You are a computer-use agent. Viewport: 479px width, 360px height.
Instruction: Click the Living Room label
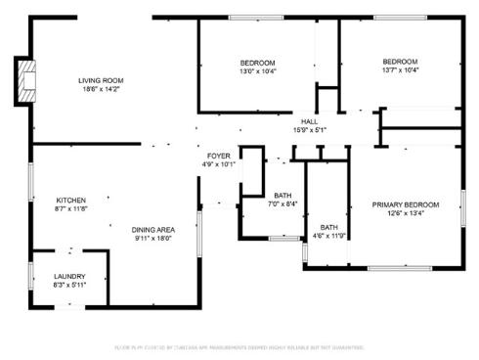click(102, 80)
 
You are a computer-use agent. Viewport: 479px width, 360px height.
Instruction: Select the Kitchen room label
click(71, 199)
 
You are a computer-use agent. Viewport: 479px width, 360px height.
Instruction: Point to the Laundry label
click(70, 276)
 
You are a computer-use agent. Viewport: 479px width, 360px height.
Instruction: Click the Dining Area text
click(154, 228)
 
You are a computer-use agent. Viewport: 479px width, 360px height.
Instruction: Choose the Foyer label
click(218, 156)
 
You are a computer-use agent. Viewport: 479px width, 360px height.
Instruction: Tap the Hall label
click(309, 120)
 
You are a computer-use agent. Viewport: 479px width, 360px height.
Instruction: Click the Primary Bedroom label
click(406, 204)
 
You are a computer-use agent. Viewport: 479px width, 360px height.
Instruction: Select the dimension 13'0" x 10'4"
click(257, 71)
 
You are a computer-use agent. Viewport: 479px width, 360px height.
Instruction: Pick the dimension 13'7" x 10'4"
click(400, 70)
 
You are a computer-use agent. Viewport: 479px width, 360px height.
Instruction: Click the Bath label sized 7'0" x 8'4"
click(283, 195)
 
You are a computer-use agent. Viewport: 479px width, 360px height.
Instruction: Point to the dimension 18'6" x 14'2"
click(102, 89)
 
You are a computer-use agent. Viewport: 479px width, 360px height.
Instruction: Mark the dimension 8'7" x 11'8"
click(71, 207)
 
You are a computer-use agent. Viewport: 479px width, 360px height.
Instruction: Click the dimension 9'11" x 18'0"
click(154, 237)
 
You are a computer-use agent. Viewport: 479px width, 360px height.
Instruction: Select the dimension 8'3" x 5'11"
click(70, 285)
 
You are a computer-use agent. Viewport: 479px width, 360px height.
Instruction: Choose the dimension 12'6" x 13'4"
click(406, 213)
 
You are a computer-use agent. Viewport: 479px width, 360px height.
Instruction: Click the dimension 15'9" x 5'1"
click(309, 129)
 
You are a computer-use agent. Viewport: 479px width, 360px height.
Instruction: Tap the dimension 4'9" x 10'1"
click(218, 164)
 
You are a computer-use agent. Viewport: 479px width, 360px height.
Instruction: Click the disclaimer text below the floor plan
click(239, 347)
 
